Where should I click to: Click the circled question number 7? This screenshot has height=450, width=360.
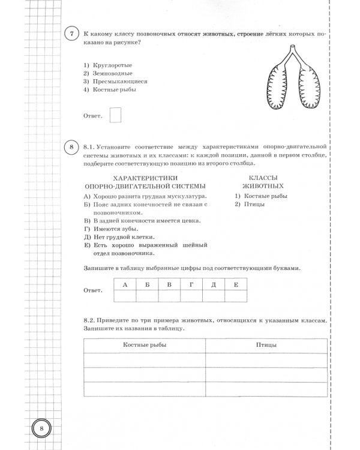[71, 35]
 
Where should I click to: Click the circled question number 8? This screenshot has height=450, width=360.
[71, 148]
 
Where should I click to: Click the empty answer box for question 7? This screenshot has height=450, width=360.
[115, 114]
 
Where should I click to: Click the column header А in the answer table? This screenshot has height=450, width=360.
[125, 284]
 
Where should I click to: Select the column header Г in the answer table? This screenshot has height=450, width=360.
[191, 284]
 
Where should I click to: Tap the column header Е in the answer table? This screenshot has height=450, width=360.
[235, 284]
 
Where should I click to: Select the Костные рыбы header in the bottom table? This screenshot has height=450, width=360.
[152, 346]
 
